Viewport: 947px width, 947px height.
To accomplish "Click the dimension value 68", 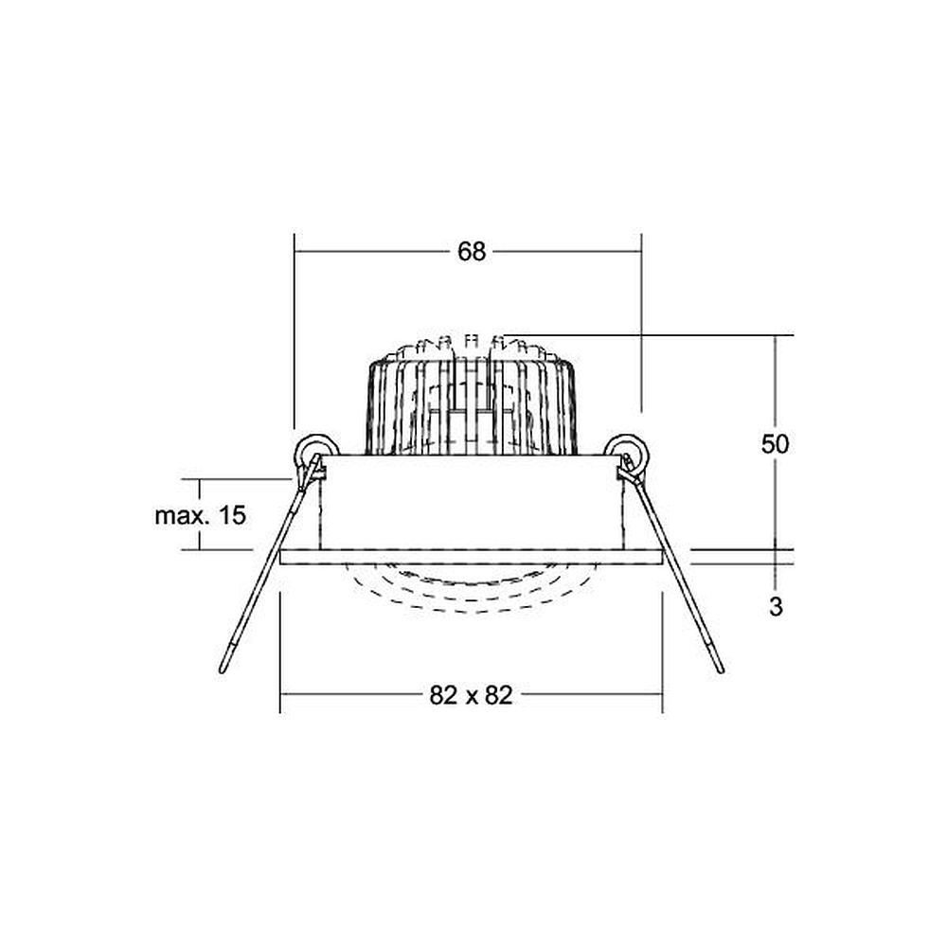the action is pyautogui.click(x=471, y=251).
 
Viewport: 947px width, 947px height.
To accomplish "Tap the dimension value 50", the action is pyautogui.click(x=775, y=444).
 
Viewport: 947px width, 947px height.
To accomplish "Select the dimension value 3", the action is pyautogui.click(x=777, y=606).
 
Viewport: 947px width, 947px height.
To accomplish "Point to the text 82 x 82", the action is pyautogui.click(x=471, y=695).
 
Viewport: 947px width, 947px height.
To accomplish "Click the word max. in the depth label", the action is pyautogui.click(x=178, y=516).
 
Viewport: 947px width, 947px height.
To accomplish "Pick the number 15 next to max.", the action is pyautogui.click(x=233, y=515).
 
